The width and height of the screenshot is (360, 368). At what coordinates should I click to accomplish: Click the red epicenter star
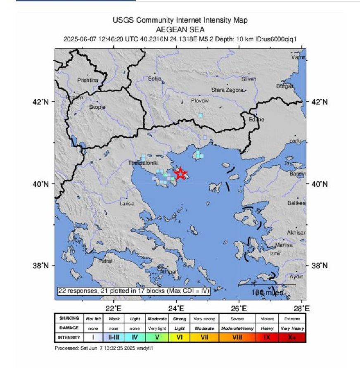(x=181, y=173)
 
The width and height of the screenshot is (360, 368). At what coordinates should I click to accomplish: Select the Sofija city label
(x=154, y=78)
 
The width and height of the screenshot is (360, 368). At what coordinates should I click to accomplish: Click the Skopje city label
(x=97, y=107)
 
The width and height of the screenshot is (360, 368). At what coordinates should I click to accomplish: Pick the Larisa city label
(x=127, y=204)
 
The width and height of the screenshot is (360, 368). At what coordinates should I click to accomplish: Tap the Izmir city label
(x=275, y=253)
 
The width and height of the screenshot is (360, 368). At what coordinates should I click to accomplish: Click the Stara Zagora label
(x=227, y=90)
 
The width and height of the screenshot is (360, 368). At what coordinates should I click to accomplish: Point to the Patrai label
(x=105, y=261)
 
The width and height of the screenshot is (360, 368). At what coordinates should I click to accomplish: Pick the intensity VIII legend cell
(x=237, y=337)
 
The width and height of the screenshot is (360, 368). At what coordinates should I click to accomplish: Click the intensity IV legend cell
(x=135, y=337)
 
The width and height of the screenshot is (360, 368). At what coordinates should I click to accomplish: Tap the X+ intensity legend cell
(x=292, y=337)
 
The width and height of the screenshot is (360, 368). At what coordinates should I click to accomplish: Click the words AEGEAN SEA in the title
(x=180, y=30)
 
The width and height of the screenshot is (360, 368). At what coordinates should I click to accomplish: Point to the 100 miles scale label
(x=267, y=292)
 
